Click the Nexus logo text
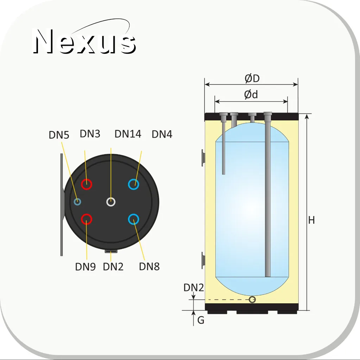[x=84, y=41]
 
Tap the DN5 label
[x=59, y=135]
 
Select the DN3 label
[x=90, y=134]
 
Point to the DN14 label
[x=128, y=134]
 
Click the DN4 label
[x=162, y=134]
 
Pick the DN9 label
[x=86, y=267]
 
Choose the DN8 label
[x=149, y=266]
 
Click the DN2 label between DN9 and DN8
[x=113, y=267]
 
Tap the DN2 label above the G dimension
[x=194, y=288]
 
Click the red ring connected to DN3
[x=87, y=179]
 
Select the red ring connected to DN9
[x=87, y=214]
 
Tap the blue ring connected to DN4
[x=134, y=179]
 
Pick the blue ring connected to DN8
[x=134, y=214]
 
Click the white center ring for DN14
[x=111, y=198]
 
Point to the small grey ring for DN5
[x=77, y=198]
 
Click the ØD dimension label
[x=252, y=78]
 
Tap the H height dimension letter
[x=311, y=220]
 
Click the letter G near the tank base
[x=201, y=320]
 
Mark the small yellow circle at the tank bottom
[x=252, y=297]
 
